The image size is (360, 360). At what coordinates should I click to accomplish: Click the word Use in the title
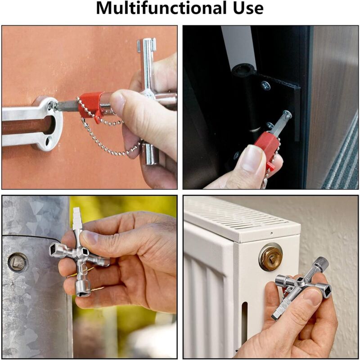coord(248,8)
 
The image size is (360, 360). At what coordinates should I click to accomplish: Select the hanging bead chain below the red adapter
coord(108,138)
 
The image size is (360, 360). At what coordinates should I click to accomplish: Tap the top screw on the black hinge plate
coord(266,85)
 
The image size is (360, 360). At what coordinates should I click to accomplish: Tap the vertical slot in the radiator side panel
coord(244,319)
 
